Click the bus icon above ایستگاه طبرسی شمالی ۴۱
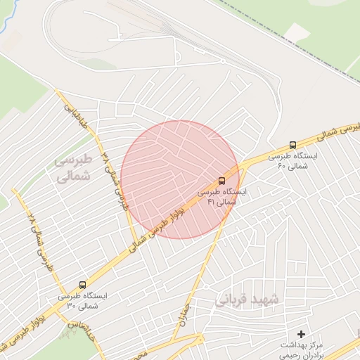click(x=221, y=181)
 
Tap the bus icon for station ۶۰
click(x=292, y=145)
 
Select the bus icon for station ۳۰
click(x=83, y=285)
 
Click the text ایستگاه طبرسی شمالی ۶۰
click(x=293, y=160)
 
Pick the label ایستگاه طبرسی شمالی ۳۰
click(x=82, y=300)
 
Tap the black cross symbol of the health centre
click(x=302, y=334)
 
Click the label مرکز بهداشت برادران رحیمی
click(x=301, y=349)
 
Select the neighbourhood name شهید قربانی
click(x=247, y=299)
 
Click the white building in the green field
click(x=297, y=32)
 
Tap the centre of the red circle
click(x=180, y=179)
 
